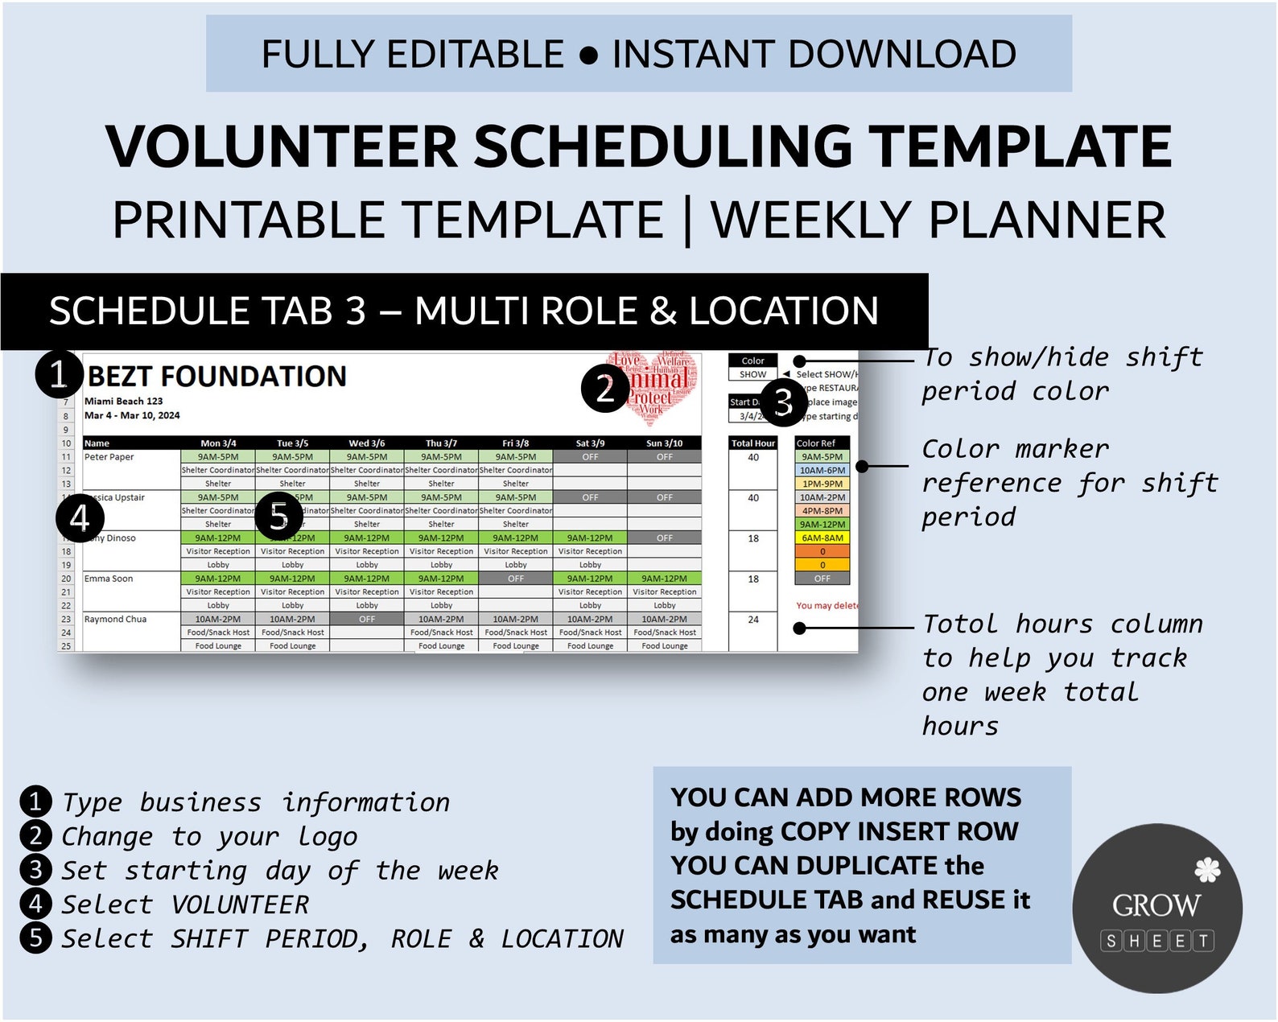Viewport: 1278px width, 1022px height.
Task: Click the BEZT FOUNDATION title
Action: pos(216,377)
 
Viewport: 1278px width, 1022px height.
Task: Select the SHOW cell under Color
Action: pos(752,374)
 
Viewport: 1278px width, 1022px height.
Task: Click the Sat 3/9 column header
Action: pos(590,443)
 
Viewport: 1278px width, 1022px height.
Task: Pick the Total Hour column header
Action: pos(752,443)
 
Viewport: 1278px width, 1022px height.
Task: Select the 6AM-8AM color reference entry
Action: pos(822,538)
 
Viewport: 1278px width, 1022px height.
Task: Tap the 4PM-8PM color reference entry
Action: pos(822,511)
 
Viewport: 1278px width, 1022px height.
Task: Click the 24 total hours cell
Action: pos(752,620)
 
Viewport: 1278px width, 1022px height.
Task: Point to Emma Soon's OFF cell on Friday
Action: pos(515,579)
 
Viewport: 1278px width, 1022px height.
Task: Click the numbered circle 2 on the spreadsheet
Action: pos(605,389)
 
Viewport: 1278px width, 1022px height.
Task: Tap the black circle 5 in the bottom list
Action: pos(35,938)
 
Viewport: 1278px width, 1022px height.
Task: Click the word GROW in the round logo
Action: pos(1156,906)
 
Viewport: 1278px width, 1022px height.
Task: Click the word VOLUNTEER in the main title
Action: pos(281,147)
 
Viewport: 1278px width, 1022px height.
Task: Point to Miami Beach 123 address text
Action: pos(123,401)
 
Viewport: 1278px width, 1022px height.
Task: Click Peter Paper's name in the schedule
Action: pos(109,457)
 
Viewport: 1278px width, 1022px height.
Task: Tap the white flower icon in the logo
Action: pos(1206,871)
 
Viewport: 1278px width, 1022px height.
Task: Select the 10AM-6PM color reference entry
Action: pos(822,471)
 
